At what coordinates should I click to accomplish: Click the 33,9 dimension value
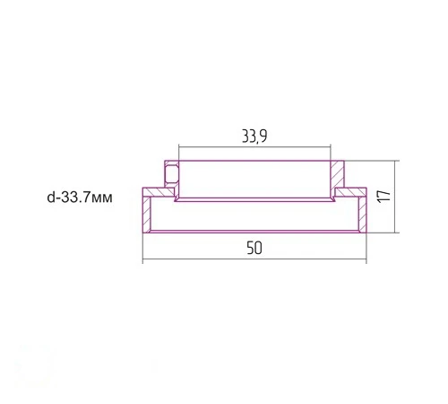[x=254, y=136]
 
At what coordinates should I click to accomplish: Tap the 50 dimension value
[x=254, y=248]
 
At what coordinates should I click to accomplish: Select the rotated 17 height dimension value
[x=384, y=197]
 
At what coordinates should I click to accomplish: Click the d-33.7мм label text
[x=80, y=198]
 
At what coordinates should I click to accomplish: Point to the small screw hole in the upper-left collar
[x=171, y=174]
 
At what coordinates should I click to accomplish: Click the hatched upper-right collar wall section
[x=338, y=175]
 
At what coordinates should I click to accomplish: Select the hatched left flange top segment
[x=159, y=192]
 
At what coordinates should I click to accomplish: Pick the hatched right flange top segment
[x=350, y=192]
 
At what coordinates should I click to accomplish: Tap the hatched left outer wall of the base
[x=146, y=215]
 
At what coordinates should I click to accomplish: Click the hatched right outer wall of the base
[x=363, y=215]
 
